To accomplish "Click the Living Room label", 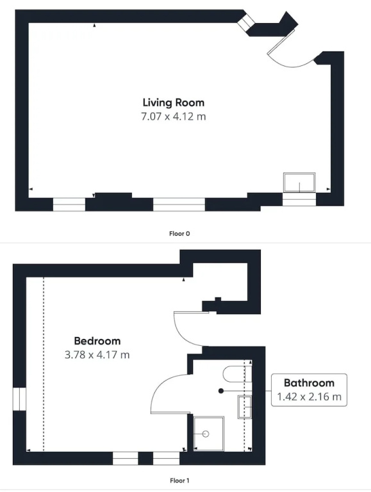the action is coord(174,102).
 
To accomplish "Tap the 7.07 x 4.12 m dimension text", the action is coord(174,117).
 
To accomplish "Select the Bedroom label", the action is coord(97,341).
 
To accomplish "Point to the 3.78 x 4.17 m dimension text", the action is coord(97,355).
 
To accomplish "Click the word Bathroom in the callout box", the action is coord(309,383).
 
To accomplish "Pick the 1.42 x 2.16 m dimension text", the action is coord(309,397).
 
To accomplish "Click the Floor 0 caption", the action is coord(179,233).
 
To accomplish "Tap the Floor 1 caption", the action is coord(179,480).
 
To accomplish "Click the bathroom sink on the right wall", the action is coord(245,407).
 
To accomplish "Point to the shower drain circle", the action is coord(206,434).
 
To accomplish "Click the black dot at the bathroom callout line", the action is coord(221,391).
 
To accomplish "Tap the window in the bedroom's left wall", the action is coord(19,399).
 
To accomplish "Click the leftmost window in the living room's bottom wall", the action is coord(69,204).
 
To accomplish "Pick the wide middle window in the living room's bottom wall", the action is coord(179,204).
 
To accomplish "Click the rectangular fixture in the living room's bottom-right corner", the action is coord(299,183).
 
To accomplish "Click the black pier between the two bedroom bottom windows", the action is coord(145,459).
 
